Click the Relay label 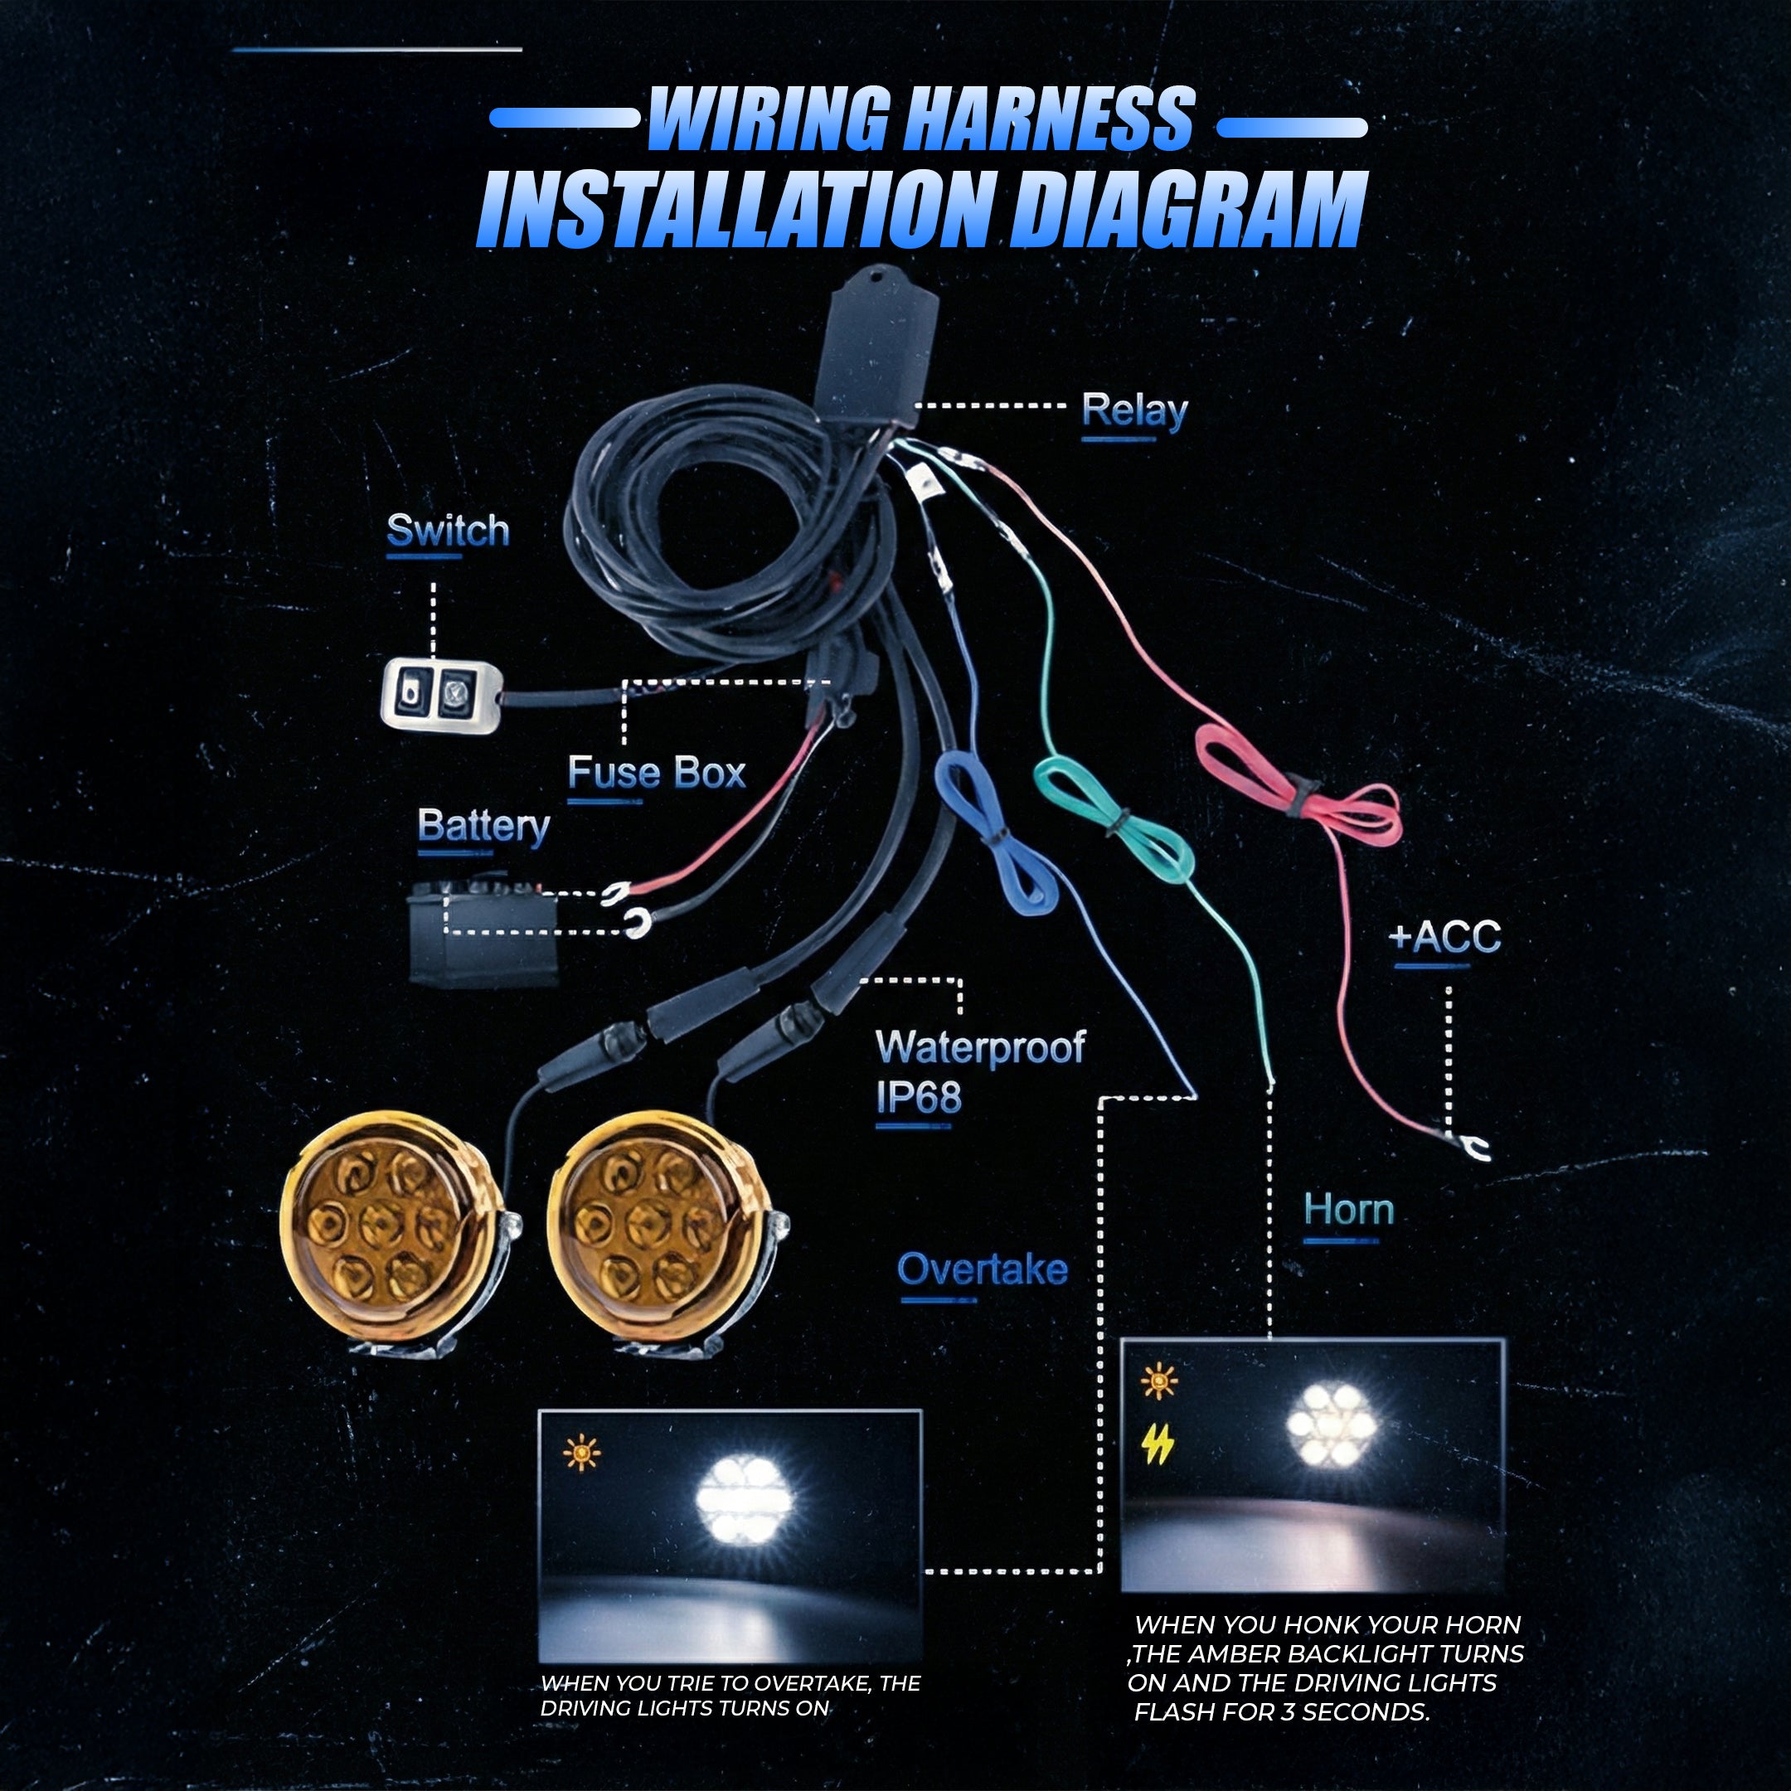tap(1133, 410)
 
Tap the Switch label tap(448, 531)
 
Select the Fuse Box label tap(657, 772)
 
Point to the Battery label tap(483, 827)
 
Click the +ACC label tap(1444, 937)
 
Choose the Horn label tap(1349, 1210)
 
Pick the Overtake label tap(983, 1269)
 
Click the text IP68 tap(919, 1098)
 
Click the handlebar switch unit tap(441, 692)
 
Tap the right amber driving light tap(663, 1233)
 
